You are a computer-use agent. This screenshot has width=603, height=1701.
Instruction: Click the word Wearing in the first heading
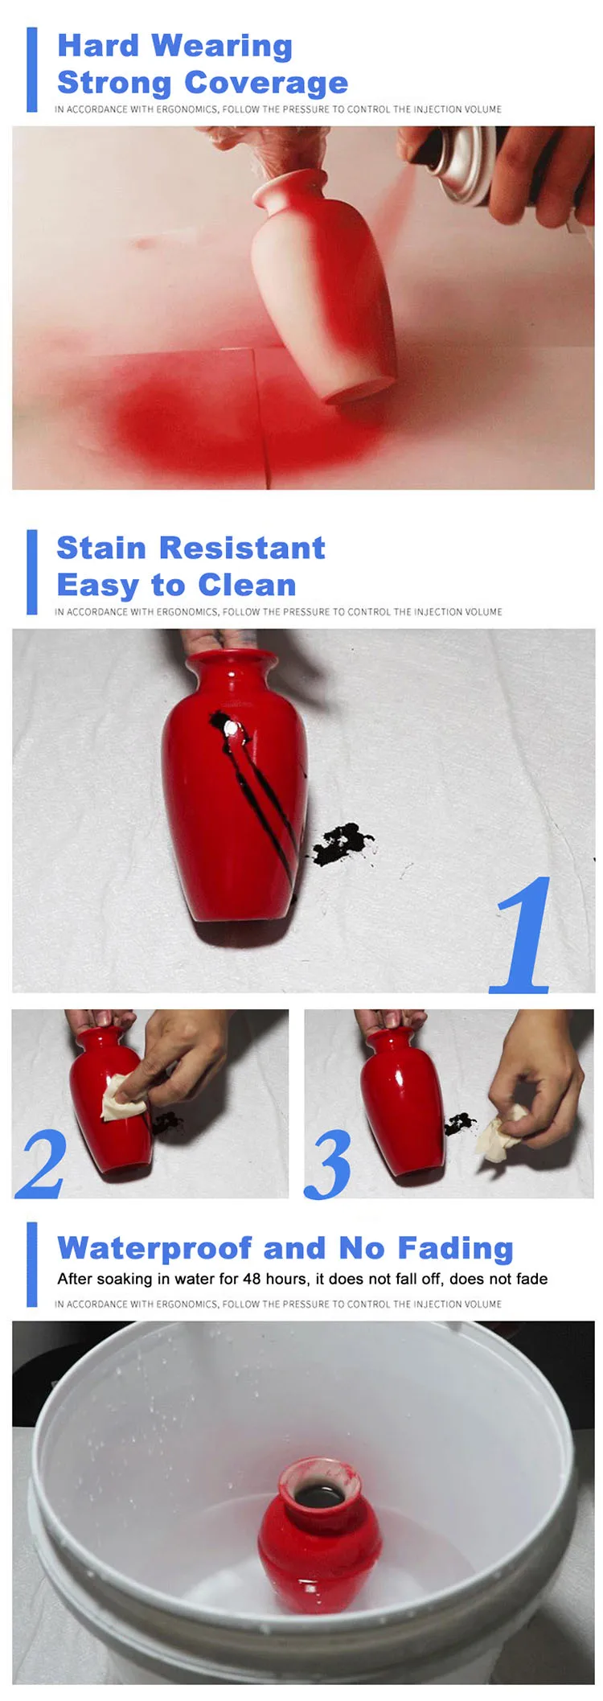(x=222, y=47)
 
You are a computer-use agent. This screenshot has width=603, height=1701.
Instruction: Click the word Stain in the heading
(x=101, y=549)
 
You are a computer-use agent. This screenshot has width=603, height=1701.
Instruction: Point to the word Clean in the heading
(x=247, y=585)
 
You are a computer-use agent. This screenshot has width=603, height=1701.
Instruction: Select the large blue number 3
(x=328, y=1164)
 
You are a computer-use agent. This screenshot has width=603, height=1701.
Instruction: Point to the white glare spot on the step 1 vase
(x=232, y=728)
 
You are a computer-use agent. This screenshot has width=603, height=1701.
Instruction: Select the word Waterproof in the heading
(x=154, y=1248)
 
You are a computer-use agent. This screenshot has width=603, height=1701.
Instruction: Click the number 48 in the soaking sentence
(x=252, y=1279)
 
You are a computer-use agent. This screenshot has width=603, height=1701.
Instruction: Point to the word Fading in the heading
(x=455, y=1248)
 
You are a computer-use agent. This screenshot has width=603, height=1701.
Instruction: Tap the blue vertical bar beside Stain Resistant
(x=32, y=572)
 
